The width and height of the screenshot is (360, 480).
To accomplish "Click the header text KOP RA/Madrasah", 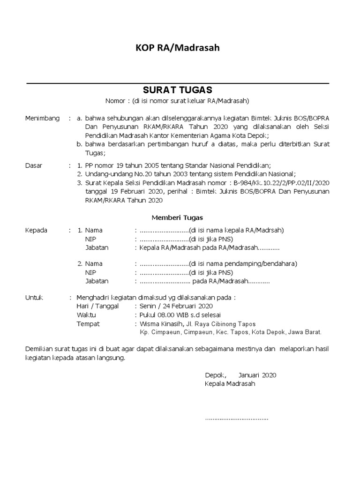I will [x=177, y=48].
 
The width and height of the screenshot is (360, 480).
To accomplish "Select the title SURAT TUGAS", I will [x=178, y=90].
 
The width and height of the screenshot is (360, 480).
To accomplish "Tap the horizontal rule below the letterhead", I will [x=178, y=83].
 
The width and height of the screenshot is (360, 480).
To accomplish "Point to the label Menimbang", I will [x=42, y=119].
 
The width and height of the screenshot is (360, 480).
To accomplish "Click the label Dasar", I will [x=33, y=165].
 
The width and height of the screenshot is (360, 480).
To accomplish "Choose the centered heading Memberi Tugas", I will [x=177, y=217].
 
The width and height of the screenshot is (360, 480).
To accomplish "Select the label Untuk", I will [x=34, y=297].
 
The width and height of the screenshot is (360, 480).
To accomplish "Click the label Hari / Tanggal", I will [x=97, y=306].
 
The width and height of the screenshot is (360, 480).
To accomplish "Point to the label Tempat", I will [x=88, y=323].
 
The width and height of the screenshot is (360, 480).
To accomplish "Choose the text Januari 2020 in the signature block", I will [x=257, y=375].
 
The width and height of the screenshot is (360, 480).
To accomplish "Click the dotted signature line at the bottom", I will [x=236, y=418].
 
